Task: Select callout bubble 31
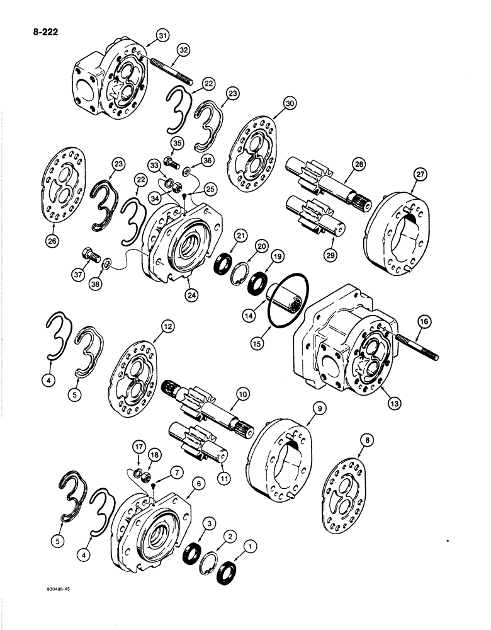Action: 147,37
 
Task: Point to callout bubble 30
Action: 289,103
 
